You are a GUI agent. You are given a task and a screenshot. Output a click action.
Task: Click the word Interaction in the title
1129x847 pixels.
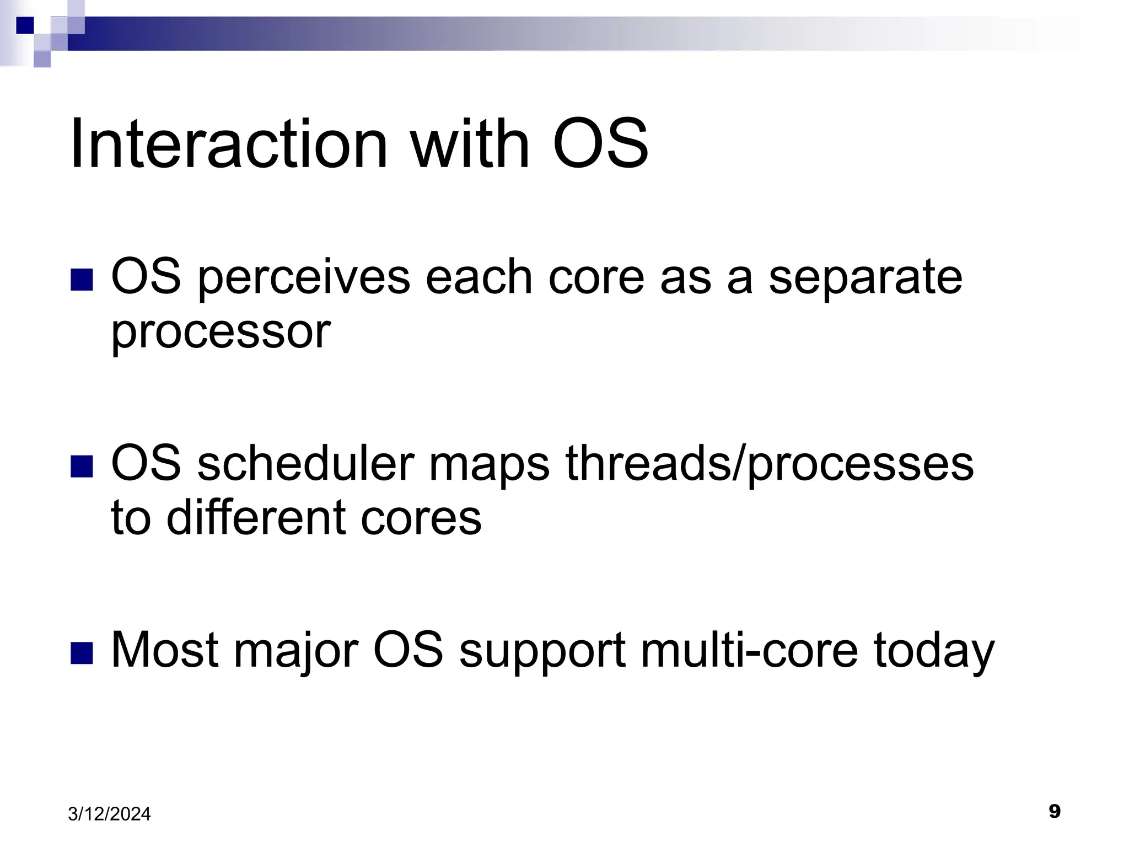coord(229,144)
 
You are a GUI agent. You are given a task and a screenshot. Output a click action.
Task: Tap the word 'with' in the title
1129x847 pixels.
coord(470,144)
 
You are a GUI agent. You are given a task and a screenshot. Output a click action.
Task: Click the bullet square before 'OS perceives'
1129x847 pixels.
coord(82,279)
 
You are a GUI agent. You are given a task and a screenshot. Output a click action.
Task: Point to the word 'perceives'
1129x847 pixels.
coord(304,279)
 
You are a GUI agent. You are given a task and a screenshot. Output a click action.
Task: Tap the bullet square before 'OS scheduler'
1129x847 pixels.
coord(82,466)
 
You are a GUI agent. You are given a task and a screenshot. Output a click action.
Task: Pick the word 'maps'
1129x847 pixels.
coord(489,465)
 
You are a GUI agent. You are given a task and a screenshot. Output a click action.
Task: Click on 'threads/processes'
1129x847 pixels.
coord(769,465)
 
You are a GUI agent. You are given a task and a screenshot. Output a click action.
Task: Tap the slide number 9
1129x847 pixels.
coord(1054,811)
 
